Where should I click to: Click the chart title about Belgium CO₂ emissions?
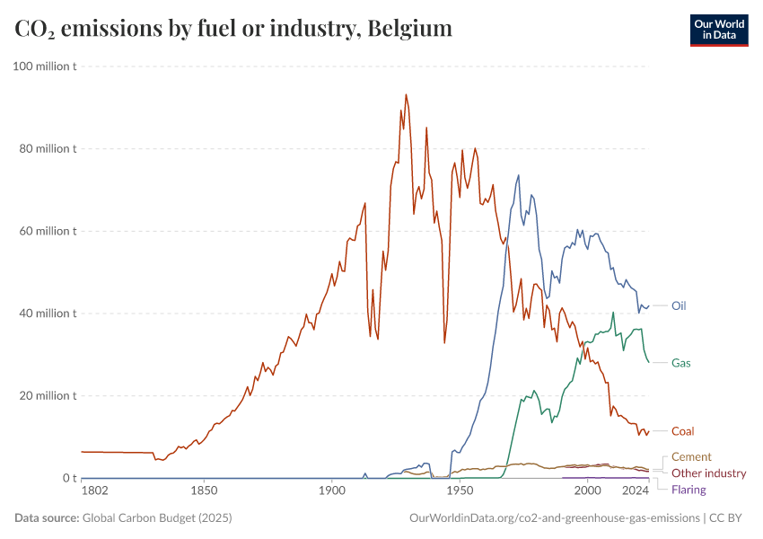click(233, 29)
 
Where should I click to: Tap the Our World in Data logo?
click(719, 30)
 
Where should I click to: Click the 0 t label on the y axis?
click(68, 478)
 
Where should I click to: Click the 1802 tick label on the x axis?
click(94, 490)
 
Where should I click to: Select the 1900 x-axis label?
click(332, 490)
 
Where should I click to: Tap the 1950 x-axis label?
click(460, 490)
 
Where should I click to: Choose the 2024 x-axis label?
click(636, 490)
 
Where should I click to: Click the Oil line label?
click(679, 305)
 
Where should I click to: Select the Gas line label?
click(680, 363)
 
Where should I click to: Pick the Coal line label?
click(682, 431)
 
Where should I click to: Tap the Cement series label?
click(691, 457)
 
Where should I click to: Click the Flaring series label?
click(688, 490)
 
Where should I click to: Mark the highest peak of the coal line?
click(406, 94)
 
